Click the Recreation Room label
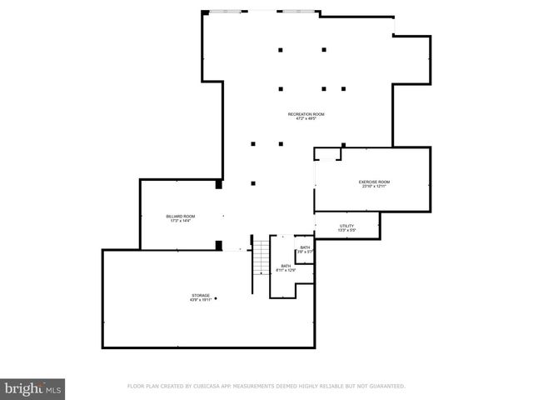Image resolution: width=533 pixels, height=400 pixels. click(306, 113)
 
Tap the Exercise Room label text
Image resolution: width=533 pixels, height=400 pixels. click(374, 182)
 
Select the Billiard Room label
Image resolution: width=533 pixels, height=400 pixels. click(181, 217)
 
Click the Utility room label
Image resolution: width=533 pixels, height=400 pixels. click(346, 226)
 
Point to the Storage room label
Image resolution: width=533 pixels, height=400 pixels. click(201, 295)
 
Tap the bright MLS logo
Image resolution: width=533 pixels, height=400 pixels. click(32, 388)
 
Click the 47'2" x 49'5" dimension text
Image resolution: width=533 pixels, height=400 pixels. click(306, 118)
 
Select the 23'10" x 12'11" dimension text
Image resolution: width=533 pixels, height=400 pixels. click(374, 187)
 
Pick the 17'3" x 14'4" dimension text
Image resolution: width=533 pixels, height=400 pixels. click(181, 222)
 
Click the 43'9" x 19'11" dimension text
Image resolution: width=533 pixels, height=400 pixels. click(201, 300)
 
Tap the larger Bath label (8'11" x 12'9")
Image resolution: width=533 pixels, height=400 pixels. click(286, 266)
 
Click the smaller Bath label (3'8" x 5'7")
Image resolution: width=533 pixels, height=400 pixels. click(305, 247)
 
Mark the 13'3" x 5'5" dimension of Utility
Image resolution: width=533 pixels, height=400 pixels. click(346, 230)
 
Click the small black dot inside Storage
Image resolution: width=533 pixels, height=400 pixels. click(216, 297)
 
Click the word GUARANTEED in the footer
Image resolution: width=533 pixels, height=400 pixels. click(386, 387)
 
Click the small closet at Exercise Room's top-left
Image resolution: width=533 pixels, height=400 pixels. click(328, 154)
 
